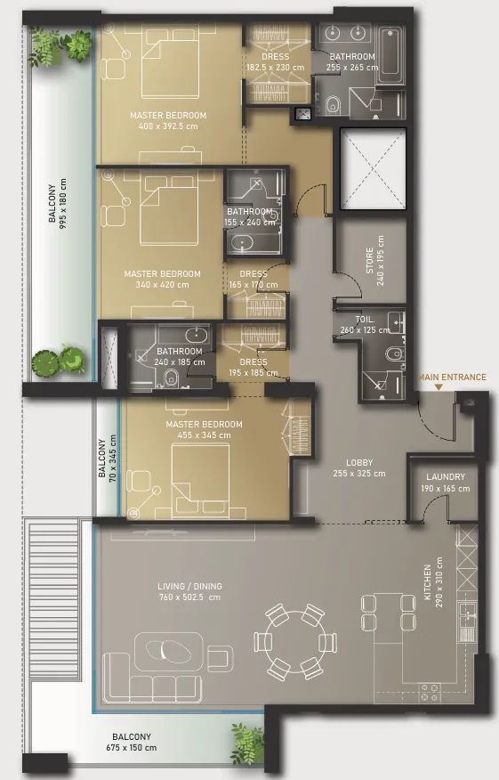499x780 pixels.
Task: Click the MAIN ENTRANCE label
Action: pos(452,377)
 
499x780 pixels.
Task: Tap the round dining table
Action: pos(295,641)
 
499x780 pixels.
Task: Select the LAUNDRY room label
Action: pos(446,476)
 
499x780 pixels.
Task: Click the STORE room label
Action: pos(370,261)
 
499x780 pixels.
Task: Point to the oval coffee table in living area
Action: pos(168,649)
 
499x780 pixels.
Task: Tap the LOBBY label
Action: pos(359,463)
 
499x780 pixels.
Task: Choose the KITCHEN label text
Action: pos(428,582)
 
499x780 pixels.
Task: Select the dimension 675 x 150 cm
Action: pos(132,747)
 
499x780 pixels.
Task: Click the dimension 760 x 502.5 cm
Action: pos(189,597)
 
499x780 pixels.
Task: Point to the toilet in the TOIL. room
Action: pos(394,353)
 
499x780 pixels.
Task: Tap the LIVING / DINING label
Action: pos(189,586)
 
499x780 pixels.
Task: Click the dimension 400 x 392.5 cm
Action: pos(168,126)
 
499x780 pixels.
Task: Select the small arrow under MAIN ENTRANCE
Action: pos(438,386)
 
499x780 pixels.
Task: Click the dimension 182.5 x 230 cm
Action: pos(276,68)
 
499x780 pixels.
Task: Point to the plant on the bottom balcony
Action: pos(247,743)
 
